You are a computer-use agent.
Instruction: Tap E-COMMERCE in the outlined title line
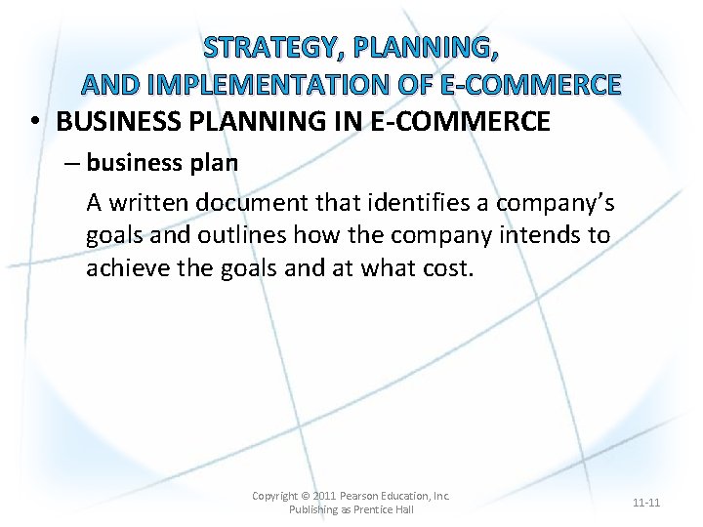(x=530, y=85)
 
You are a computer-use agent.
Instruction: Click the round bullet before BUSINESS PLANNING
(x=34, y=122)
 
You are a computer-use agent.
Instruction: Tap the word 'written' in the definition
(x=149, y=202)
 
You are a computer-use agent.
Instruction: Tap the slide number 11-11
(x=646, y=503)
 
